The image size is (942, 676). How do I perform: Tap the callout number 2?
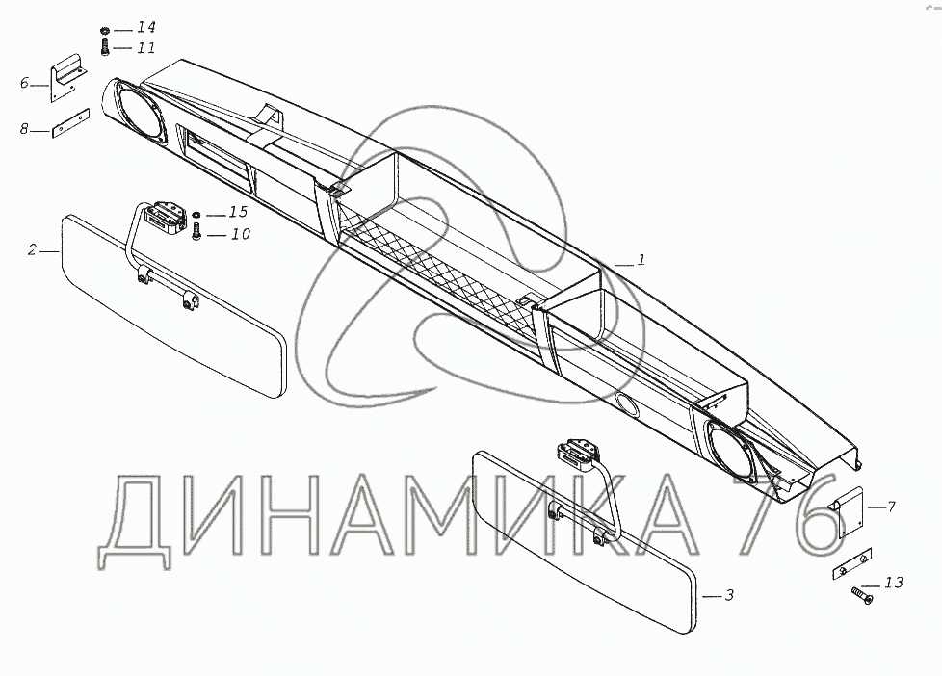coord(32,250)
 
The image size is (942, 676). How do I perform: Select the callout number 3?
coord(729,596)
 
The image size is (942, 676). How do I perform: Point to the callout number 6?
coord(24,83)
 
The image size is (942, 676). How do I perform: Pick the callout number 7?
coord(891,506)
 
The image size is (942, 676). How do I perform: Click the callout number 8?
coord(24,128)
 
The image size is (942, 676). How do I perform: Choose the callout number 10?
coord(241,233)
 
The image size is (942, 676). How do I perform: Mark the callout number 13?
coord(893,582)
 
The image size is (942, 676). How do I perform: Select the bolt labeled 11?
coord(103,47)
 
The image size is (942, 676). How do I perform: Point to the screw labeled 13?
coord(860,598)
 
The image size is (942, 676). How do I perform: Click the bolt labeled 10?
coord(197,232)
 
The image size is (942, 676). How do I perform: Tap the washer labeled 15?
coord(197,214)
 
